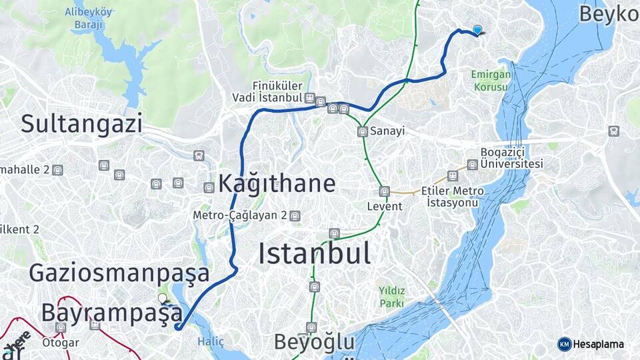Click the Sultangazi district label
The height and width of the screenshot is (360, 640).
pos(82,123)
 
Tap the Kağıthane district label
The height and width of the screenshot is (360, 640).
pos(277,183)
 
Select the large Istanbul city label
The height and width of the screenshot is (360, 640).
pos(314,253)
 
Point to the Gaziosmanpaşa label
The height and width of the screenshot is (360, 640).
pos(119,273)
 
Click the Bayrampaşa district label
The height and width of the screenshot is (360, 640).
pos(111,313)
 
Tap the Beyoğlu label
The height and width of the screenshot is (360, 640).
pos(315,342)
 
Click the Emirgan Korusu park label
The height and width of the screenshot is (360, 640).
pos(490,80)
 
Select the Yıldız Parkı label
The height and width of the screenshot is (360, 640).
pos(391,297)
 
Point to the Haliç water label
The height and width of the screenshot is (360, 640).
pos(207,341)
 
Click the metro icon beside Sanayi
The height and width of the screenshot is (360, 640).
pos(363,131)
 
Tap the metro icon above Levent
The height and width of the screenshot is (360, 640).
pos(385,192)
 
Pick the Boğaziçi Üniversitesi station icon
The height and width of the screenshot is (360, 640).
pos(473,164)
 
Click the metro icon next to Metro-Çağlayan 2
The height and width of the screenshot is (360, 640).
pos(295,216)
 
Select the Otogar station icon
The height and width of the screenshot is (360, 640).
pos(61,328)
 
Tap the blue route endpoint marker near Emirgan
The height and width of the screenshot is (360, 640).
pos(477,29)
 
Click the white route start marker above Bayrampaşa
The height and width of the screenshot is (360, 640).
pos(162,299)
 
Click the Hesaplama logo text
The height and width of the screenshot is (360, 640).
pos(598,344)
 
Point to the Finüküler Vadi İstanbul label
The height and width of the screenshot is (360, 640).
pos(277,92)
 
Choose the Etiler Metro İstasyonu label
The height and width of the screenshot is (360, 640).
pos(453,196)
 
